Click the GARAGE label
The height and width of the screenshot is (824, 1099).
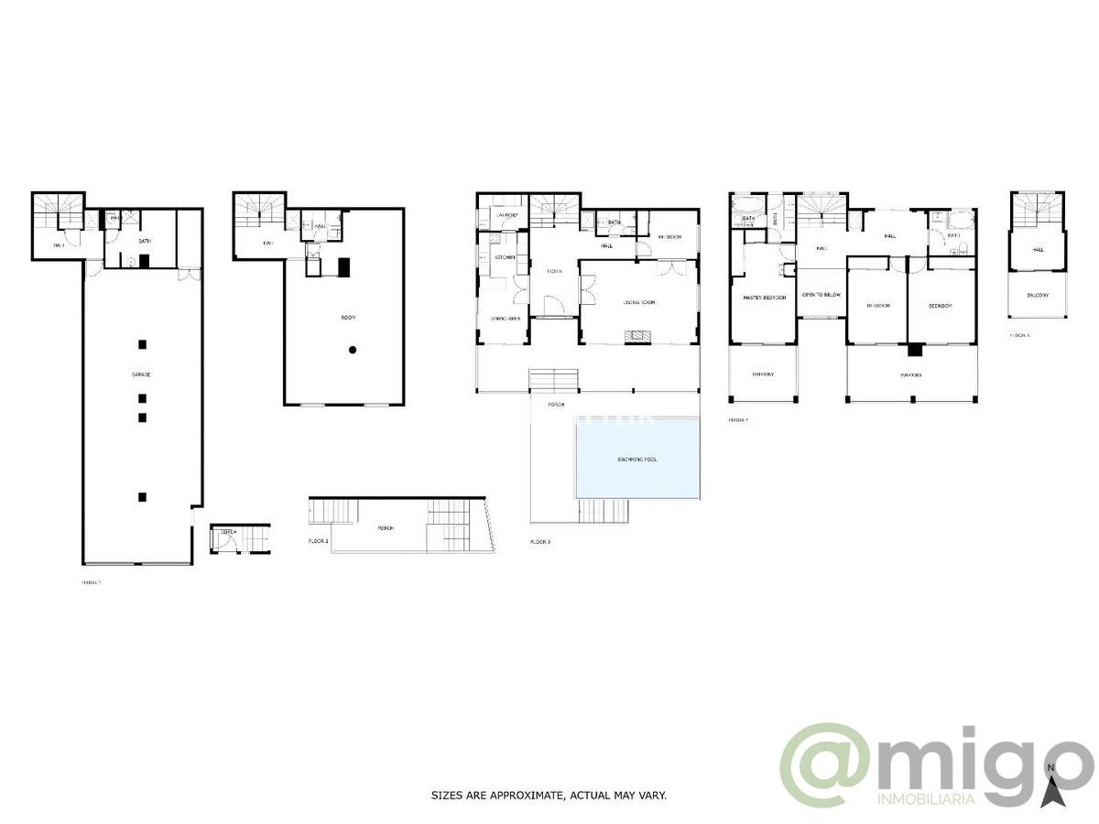[141, 375]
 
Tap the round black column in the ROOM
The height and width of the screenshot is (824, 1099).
[352, 350]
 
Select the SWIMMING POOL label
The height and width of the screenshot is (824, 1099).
[637, 460]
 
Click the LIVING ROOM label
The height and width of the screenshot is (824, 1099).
[638, 303]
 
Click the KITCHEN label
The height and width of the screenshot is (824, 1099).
[506, 258]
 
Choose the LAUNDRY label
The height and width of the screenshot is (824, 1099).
[507, 216]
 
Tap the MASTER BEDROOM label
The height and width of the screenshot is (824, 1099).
[763, 298]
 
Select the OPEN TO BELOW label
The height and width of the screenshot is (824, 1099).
[822, 295]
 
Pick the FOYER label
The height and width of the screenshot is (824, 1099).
[554, 272]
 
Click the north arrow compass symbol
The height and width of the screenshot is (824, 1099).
[1052, 787]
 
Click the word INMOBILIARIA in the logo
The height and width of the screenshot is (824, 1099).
[925, 800]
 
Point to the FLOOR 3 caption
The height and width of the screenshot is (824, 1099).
[540, 542]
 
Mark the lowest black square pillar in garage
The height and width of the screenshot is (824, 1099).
[142, 497]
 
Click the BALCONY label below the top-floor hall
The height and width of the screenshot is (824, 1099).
[1038, 296]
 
